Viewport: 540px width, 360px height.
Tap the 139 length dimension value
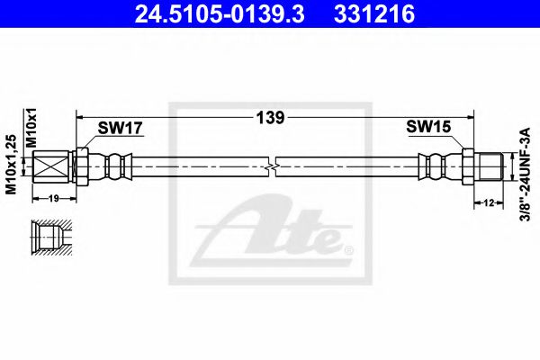pyautogui.click(x=272, y=117)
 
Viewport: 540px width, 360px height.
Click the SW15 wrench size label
pyautogui.click(x=423, y=128)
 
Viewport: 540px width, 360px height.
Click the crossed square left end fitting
pyautogui.click(x=52, y=166)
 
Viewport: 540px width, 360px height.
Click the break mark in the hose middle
pyautogui.click(x=273, y=166)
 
